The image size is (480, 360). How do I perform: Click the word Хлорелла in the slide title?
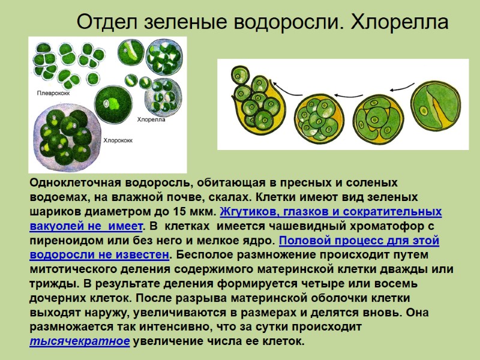pos(399,22)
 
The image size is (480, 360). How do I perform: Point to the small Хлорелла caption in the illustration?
pos(151,118)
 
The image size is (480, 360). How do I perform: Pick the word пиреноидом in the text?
pos(64,241)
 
